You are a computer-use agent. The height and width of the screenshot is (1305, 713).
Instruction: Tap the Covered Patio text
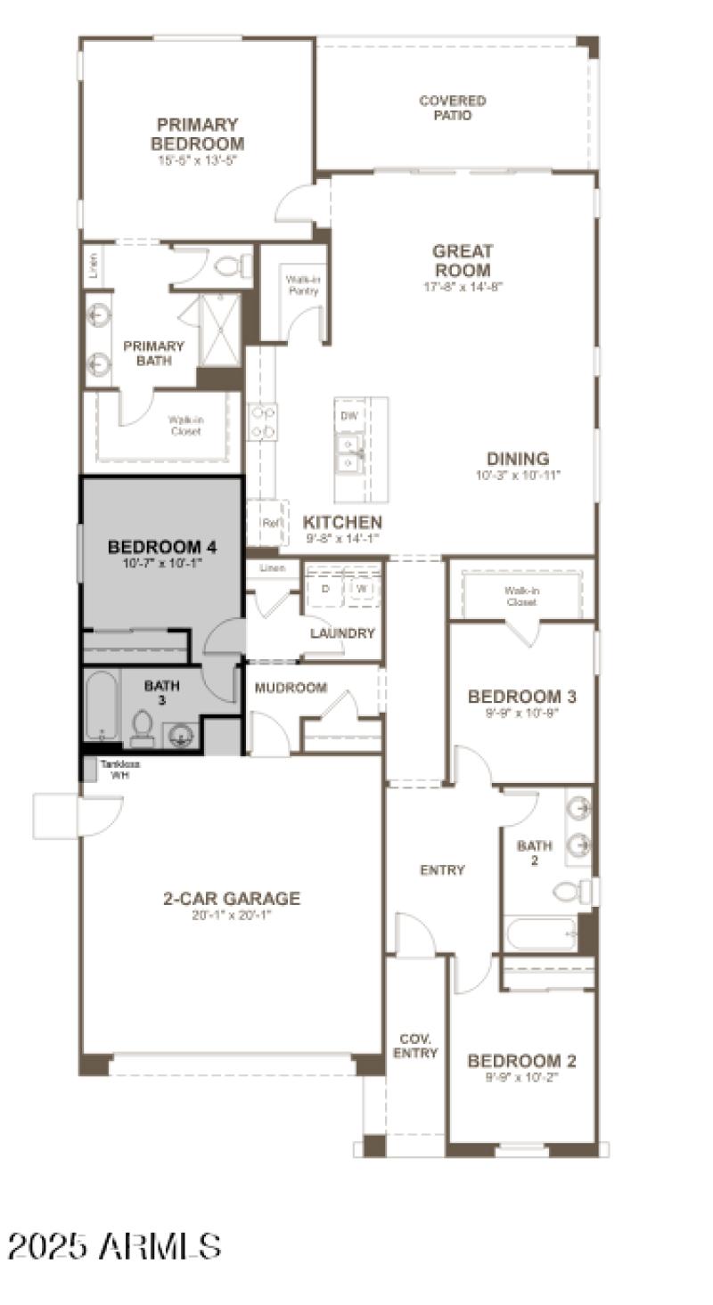453,108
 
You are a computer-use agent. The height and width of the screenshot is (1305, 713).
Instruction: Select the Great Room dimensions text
463,287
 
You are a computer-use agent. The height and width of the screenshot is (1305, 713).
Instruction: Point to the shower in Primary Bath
218,329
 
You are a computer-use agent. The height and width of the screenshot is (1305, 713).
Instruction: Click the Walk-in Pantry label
302,285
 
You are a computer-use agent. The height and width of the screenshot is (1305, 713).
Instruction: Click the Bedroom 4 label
161,547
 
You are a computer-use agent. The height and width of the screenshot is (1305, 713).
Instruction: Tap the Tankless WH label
119,770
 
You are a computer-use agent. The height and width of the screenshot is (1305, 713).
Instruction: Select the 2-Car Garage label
231,899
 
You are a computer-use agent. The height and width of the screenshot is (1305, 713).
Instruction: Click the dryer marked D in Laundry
325,589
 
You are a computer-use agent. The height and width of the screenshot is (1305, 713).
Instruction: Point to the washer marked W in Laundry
362,589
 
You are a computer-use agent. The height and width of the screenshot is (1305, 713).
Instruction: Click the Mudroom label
291,688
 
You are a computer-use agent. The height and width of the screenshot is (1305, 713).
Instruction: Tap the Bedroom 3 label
521,697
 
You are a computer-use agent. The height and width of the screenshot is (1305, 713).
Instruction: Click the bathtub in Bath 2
541,934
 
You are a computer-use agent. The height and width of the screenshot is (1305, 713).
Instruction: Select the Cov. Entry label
416,1047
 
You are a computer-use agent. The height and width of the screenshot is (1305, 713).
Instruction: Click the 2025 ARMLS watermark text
114,1245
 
